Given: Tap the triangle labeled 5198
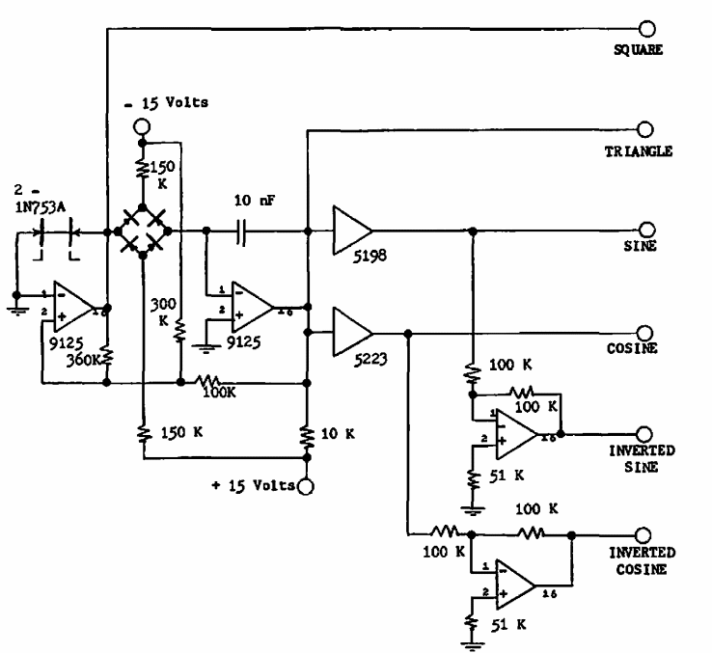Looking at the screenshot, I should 350,231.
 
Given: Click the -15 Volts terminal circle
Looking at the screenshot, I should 142,126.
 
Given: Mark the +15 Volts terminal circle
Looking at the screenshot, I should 307,484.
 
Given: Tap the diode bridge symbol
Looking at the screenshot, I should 142,231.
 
